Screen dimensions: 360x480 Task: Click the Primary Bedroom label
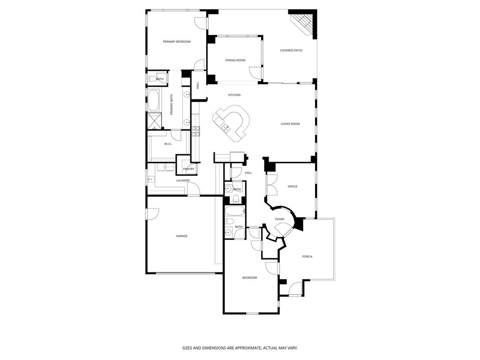[177, 42]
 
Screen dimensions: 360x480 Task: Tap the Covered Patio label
[291, 50]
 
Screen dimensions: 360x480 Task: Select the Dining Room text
[235, 60]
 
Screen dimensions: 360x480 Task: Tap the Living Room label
[290, 124]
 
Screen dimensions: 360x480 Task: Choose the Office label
[292, 187]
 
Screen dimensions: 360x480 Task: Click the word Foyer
[279, 219]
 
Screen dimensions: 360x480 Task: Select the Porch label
[307, 256]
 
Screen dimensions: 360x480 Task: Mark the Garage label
[181, 236]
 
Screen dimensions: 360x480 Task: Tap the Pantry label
[188, 169]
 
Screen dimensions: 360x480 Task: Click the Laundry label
[183, 180]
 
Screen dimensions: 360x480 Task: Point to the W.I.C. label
[168, 144]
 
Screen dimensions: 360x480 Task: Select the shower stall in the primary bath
[154, 120]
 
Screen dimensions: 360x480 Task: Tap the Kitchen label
[234, 95]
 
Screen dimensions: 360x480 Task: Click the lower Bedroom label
[249, 277]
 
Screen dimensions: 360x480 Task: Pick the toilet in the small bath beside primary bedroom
[151, 79]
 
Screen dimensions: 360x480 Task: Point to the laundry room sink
[151, 179]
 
